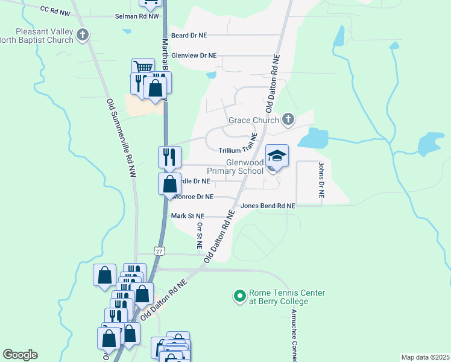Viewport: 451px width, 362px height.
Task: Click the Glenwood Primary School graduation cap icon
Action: tap(277, 156)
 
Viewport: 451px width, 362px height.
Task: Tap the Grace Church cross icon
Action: tap(288, 119)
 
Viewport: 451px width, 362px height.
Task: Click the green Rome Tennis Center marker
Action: tap(239, 296)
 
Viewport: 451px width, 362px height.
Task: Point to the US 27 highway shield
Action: tap(159, 250)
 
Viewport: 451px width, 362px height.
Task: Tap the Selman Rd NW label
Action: tap(137, 16)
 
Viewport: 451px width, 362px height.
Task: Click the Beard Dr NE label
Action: tap(189, 35)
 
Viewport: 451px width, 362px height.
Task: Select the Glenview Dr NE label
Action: tap(194, 56)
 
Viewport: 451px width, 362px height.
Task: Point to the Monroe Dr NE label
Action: tap(192, 197)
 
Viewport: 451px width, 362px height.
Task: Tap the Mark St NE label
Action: tap(188, 215)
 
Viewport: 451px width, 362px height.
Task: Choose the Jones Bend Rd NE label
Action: tap(268, 206)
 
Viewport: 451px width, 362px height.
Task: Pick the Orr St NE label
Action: tap(200, 235)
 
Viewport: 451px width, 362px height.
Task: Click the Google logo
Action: tap(20, 355)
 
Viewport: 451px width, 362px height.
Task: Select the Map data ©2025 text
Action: tap(425, 357)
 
